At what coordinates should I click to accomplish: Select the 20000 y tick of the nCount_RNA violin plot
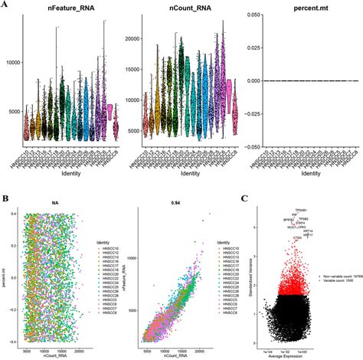pos(135,38)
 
